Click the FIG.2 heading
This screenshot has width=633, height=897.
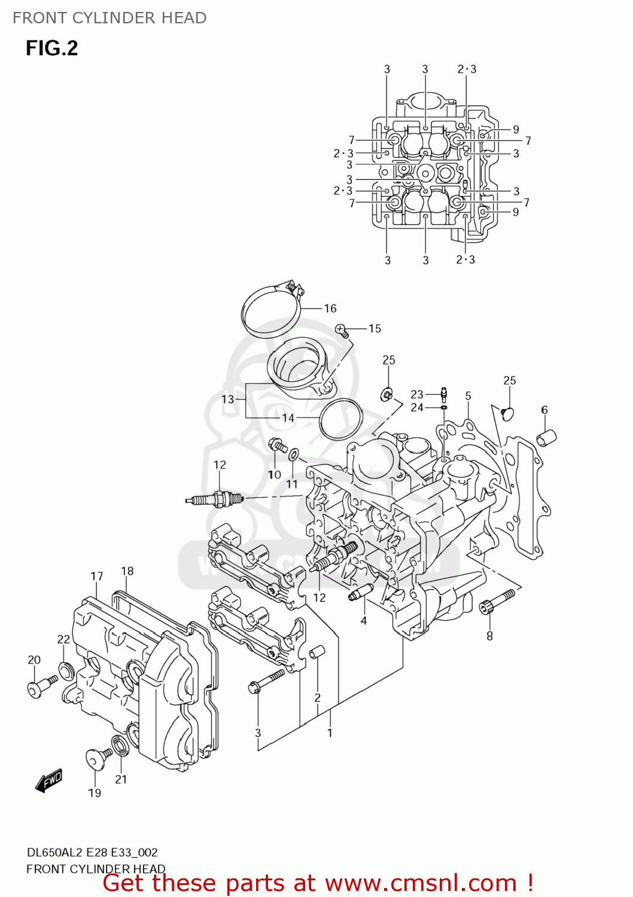tap(51, 48)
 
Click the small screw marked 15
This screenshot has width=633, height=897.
tap(342, 329)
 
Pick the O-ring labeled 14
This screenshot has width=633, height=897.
tap(341, 419)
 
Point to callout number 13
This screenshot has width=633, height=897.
tap(227, 399)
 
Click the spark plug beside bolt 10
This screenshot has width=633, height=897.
tap(214, 499)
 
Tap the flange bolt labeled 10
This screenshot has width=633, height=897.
tap(277, 445)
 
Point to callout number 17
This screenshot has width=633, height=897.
tap(97, 576)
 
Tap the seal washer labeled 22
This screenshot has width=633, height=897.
tap(65, 671)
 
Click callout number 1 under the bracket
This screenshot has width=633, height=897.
tap(329, 733)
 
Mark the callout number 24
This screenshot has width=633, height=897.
tap(417, 407)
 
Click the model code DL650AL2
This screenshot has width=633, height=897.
tap(55, 852)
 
